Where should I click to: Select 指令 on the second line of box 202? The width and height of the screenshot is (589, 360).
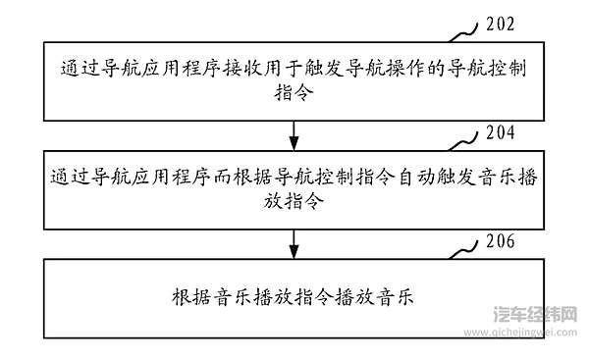click(294, 94)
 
